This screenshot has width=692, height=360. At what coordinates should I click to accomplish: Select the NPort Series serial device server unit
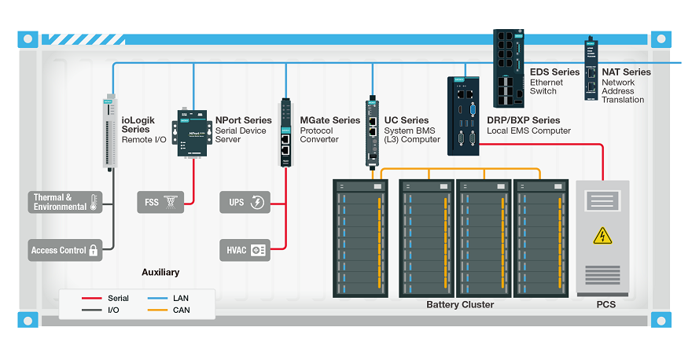(x=190, y=133)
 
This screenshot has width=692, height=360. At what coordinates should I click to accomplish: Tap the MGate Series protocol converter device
(x=285, y=132)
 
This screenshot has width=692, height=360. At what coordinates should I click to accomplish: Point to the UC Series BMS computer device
(x=372, y=132)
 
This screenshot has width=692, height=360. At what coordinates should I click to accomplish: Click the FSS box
(x=160, y=202)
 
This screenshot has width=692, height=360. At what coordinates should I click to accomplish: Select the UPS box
(x=245, y=202)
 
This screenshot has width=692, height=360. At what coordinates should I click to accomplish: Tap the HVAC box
(x=245, y=250)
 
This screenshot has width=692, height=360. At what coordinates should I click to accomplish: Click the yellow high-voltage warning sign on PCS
(x=603, y=236)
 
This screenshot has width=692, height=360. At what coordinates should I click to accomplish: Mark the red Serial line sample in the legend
(x=91, y=299)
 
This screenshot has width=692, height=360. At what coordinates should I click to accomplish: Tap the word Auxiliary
(x=160, y=273)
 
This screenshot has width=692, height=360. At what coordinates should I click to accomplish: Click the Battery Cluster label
(x=460, y=305)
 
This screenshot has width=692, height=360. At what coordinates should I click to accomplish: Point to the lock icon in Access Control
(x=94, y=251)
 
